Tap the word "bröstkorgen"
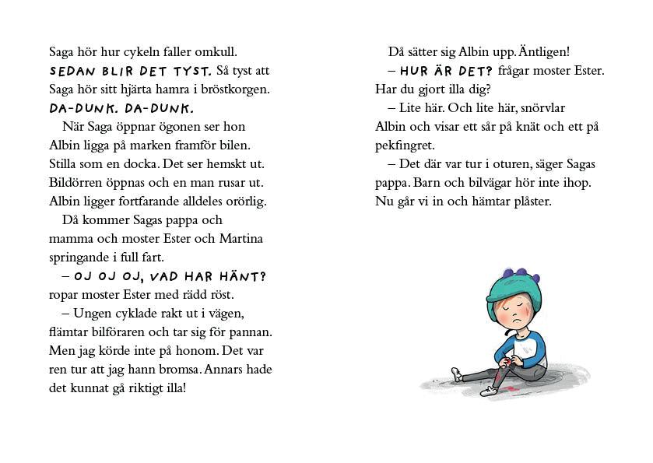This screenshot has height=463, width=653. [233, 89]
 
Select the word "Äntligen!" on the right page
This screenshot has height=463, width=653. [545, 52]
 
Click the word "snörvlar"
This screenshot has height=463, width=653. [540, 108]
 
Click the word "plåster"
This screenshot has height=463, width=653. [526, 202]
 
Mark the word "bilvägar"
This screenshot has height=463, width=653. [510, 183]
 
